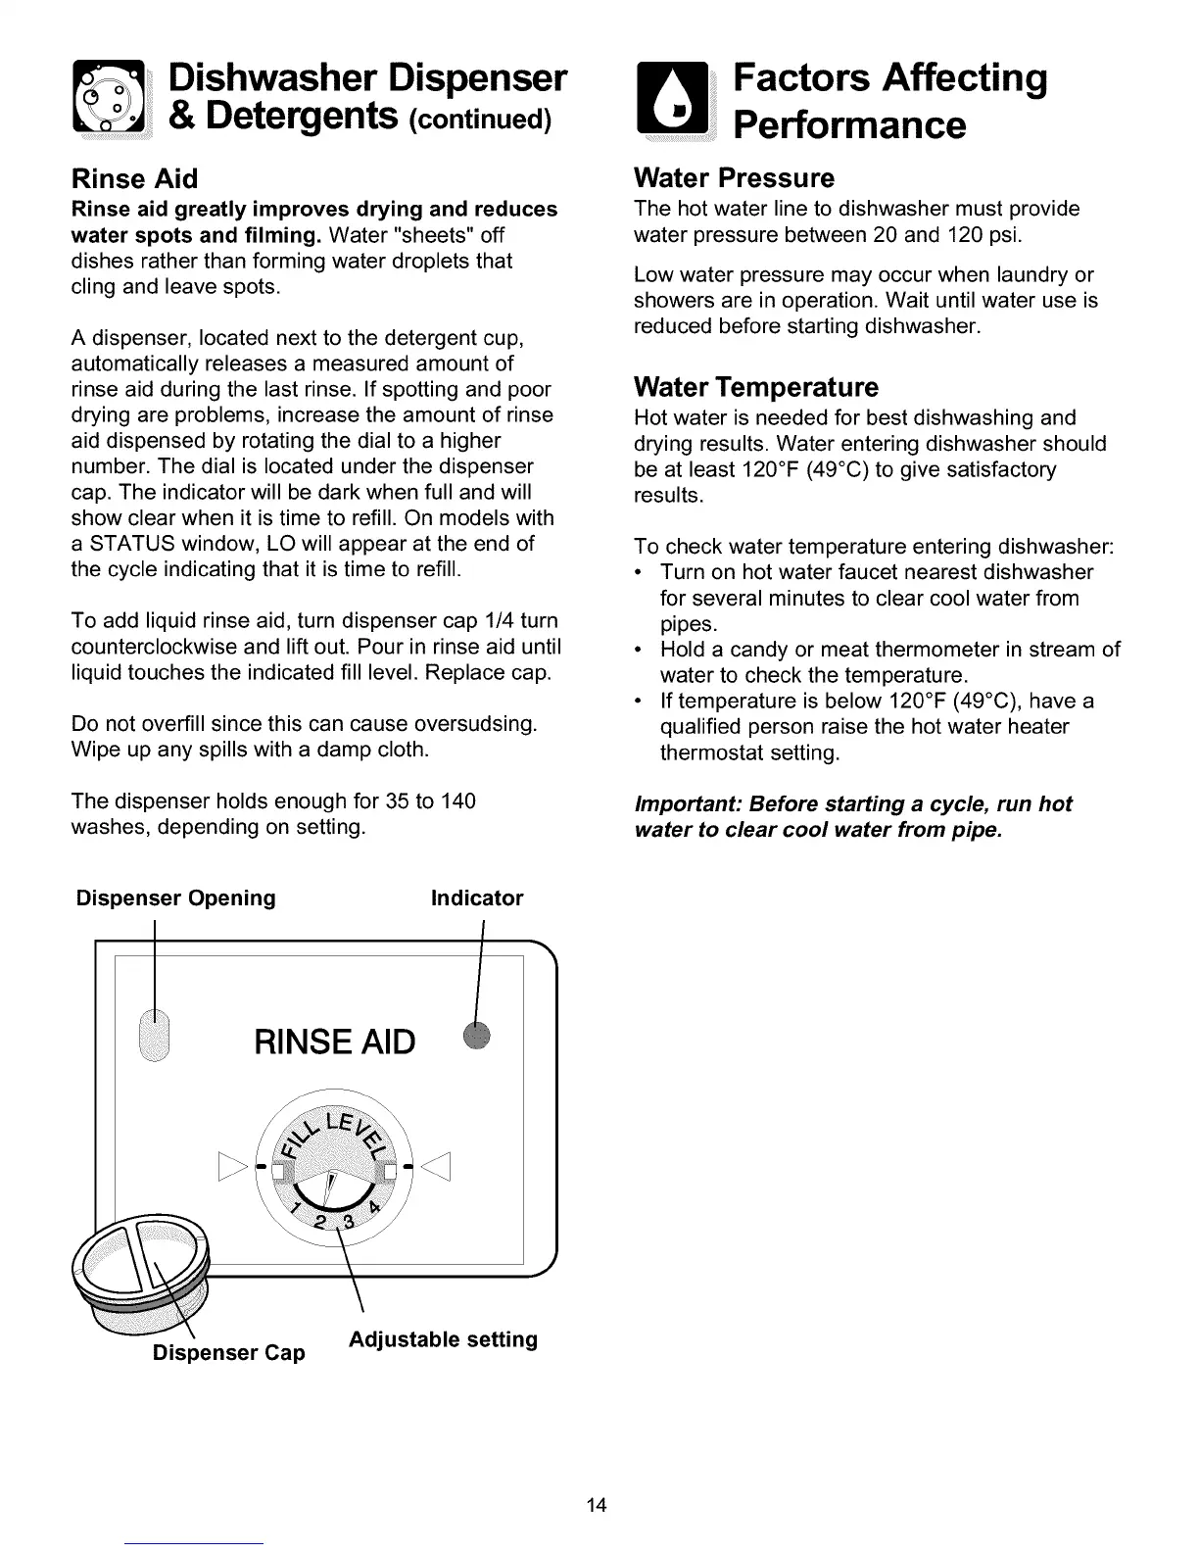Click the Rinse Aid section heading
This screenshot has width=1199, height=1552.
(134, 178)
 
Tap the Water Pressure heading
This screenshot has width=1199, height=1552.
(734, 178)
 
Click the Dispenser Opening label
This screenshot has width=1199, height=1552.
(176, 898)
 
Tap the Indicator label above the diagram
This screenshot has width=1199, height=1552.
(477, 898)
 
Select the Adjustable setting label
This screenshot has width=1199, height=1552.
(443, 1339)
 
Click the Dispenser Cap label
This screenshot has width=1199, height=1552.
(228, 1353)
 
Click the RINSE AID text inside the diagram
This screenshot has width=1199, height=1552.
(334, 1043)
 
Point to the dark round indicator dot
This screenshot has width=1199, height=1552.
(477, 1034)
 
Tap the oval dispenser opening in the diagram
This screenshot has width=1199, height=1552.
(155, 1033)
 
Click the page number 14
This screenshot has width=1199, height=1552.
(598, 1505)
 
